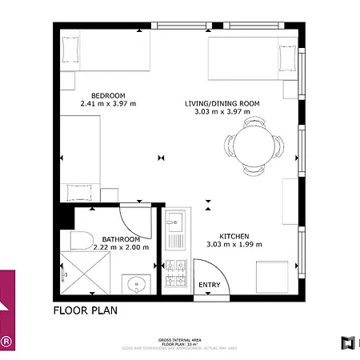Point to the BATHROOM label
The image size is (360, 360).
pos(121,239)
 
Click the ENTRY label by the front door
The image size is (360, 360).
pos(209,286)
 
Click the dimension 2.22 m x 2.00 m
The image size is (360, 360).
pos(121,247)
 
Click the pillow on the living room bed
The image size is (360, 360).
pos(286,59)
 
